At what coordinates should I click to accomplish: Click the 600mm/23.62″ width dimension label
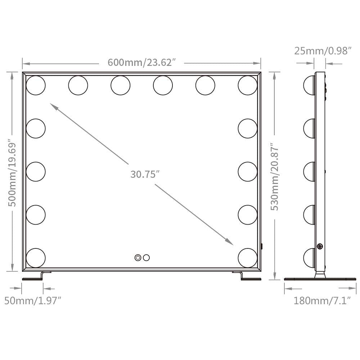click(x=141, y=63)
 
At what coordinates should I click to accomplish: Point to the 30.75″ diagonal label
click(x=145, y=174)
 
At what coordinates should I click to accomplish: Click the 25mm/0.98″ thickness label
click(x=323, y=51)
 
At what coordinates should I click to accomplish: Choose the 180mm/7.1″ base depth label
click(x=322, y=300)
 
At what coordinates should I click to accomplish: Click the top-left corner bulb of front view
click(x=36, y=85)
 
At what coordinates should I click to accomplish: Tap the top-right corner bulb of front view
click(x=248, y=85)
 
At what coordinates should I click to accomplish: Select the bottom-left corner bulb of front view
click(x=36, y=257)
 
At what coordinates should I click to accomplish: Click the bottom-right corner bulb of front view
click(x=248, y=257)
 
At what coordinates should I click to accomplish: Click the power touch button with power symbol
click(x=138, y=257)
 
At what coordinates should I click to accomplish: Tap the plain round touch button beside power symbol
click(x=146, y=257)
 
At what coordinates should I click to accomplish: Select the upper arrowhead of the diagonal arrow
click(x=53, y=106)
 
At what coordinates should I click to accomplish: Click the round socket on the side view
click(x=320, y=246)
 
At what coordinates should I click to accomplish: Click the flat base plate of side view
click(x=320, y=279)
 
